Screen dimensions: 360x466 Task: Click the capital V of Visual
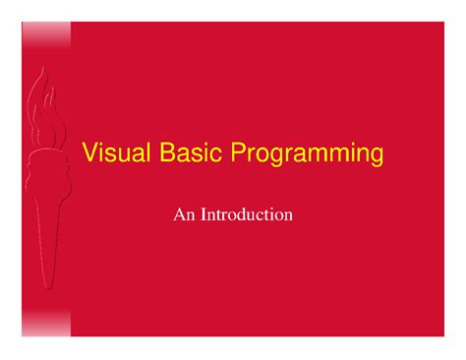(x=88, y=154)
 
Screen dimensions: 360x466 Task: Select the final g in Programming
(x=377, y=158)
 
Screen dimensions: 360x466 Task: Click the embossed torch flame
(x=42, y=103)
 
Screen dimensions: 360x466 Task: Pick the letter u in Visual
(x=116, y=156)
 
